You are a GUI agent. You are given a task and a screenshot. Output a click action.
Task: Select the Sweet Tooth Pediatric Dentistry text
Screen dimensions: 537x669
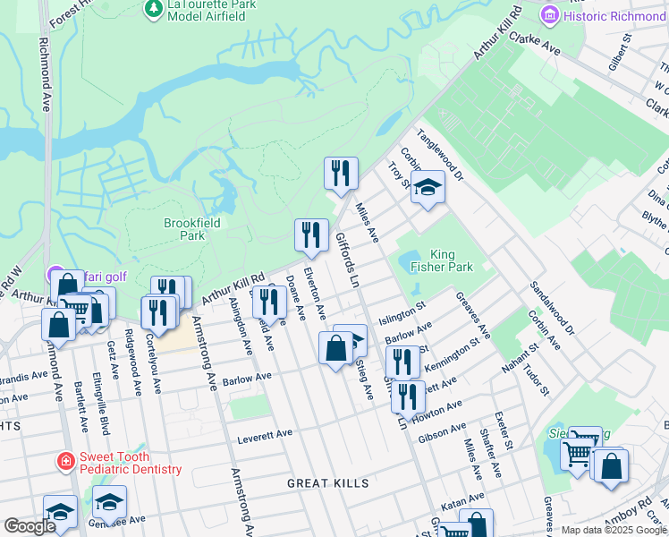[131, 463]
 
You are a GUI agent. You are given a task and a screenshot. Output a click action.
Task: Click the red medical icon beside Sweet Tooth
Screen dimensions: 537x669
[65, 463]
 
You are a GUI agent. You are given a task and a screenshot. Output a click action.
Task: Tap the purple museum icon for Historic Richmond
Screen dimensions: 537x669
[550, 15]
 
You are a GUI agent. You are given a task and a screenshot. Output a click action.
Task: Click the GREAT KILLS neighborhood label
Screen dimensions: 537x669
[327, 483]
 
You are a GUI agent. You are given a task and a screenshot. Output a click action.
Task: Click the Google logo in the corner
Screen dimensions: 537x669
[29, 526]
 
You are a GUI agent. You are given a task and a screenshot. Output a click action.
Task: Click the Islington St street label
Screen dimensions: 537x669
[402, 315]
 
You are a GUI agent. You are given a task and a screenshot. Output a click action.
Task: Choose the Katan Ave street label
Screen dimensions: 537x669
[462, 498]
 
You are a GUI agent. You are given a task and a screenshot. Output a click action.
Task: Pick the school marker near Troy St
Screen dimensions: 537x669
[428, 187]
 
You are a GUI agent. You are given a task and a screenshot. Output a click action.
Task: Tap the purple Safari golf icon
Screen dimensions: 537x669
[53, 274]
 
